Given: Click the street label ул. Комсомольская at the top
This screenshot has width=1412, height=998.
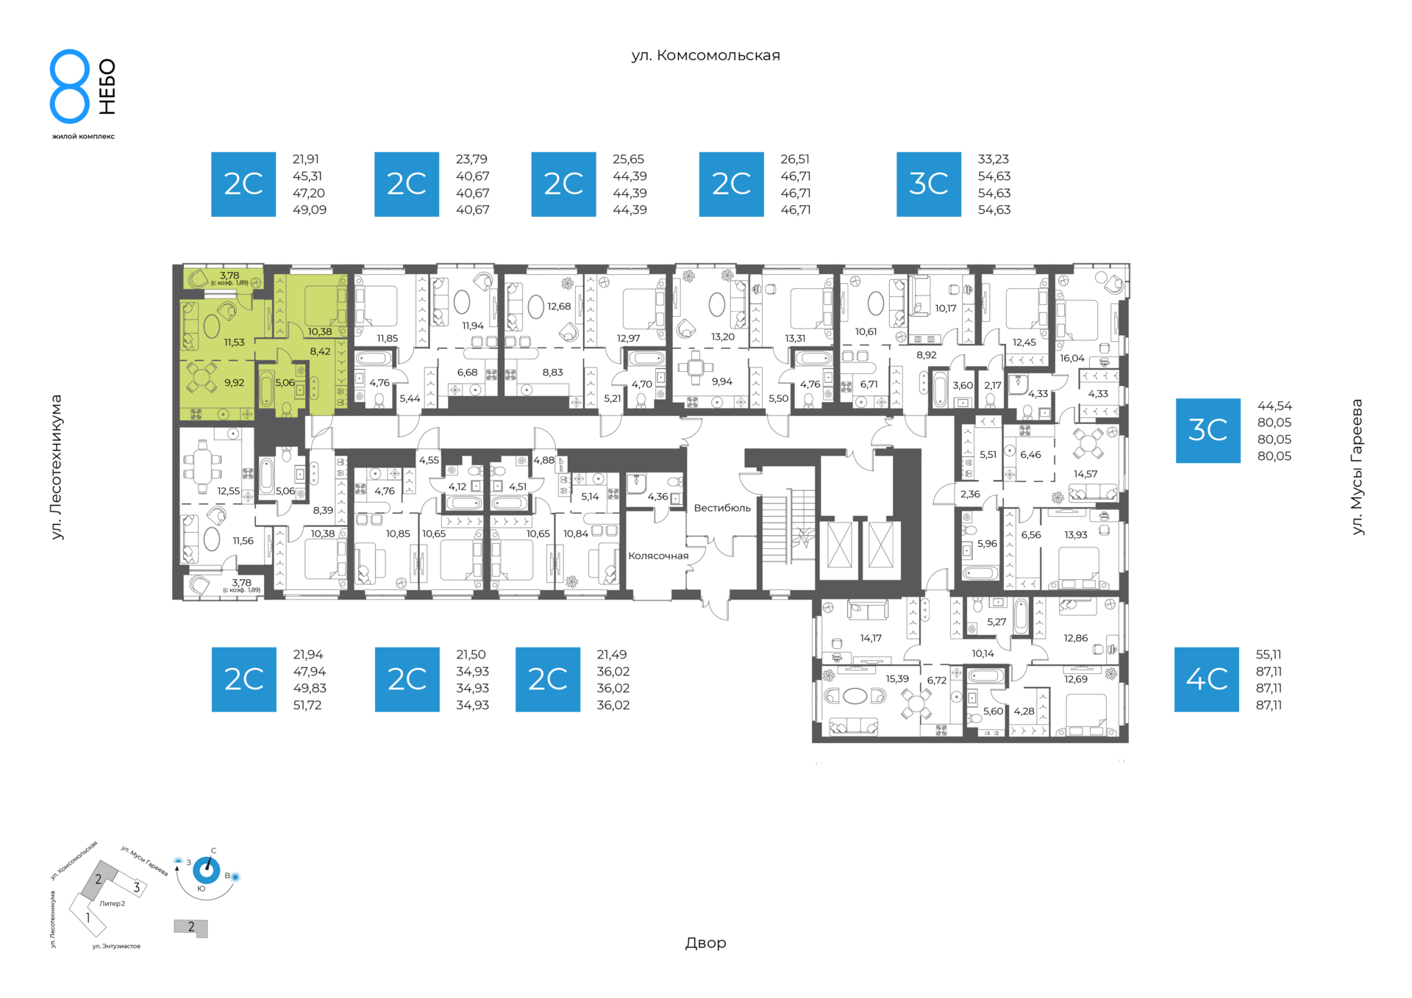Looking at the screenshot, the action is coord(705,55).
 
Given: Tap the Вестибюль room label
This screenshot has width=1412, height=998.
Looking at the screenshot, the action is coord(722,508).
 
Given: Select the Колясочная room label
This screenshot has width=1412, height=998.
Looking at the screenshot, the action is coord(658,556).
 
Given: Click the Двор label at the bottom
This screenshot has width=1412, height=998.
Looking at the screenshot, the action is coord(705,943).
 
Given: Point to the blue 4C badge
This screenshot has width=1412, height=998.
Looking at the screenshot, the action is coord(1206,679).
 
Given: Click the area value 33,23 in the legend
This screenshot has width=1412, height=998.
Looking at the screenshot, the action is coord(993,159).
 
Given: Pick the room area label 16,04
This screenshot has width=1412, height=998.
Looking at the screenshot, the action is coord(1072,358).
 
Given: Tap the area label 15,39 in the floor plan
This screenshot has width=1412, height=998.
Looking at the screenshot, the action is coord(897,679).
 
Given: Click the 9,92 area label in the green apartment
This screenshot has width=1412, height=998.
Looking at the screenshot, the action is coord(234,382).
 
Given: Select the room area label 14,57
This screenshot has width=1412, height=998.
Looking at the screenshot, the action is coord(1085,474).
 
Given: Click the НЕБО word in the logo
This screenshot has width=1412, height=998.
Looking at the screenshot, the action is coord(107,87).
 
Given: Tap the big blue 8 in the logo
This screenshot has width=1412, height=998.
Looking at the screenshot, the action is coord(70,86).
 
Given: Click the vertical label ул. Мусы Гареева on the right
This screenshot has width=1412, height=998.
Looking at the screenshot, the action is coord(1357,467).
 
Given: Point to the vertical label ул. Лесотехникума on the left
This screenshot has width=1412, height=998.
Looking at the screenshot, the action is coord(57,467).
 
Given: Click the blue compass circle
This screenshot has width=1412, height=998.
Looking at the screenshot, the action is coord(207,871).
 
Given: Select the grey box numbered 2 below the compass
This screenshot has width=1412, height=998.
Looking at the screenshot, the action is coord(190,928).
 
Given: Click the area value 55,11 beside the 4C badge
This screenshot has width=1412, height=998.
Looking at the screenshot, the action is coord(1269,654).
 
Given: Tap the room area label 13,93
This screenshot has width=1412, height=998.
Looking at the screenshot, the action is coord(1075,535).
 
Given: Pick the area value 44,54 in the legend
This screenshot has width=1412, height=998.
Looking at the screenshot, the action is coord(1274,406).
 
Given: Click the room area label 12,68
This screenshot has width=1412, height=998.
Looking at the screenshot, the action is coord(559,306).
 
